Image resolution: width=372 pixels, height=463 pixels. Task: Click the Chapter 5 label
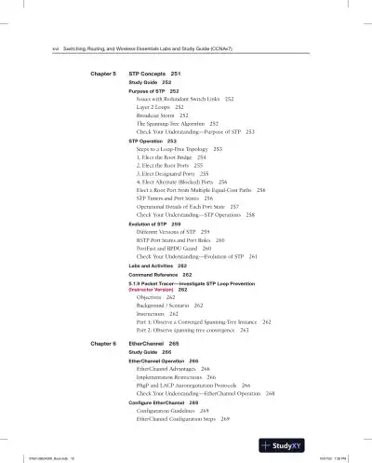(x=102, y=73)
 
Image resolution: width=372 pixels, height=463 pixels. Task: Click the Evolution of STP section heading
(x=150, y=225)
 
